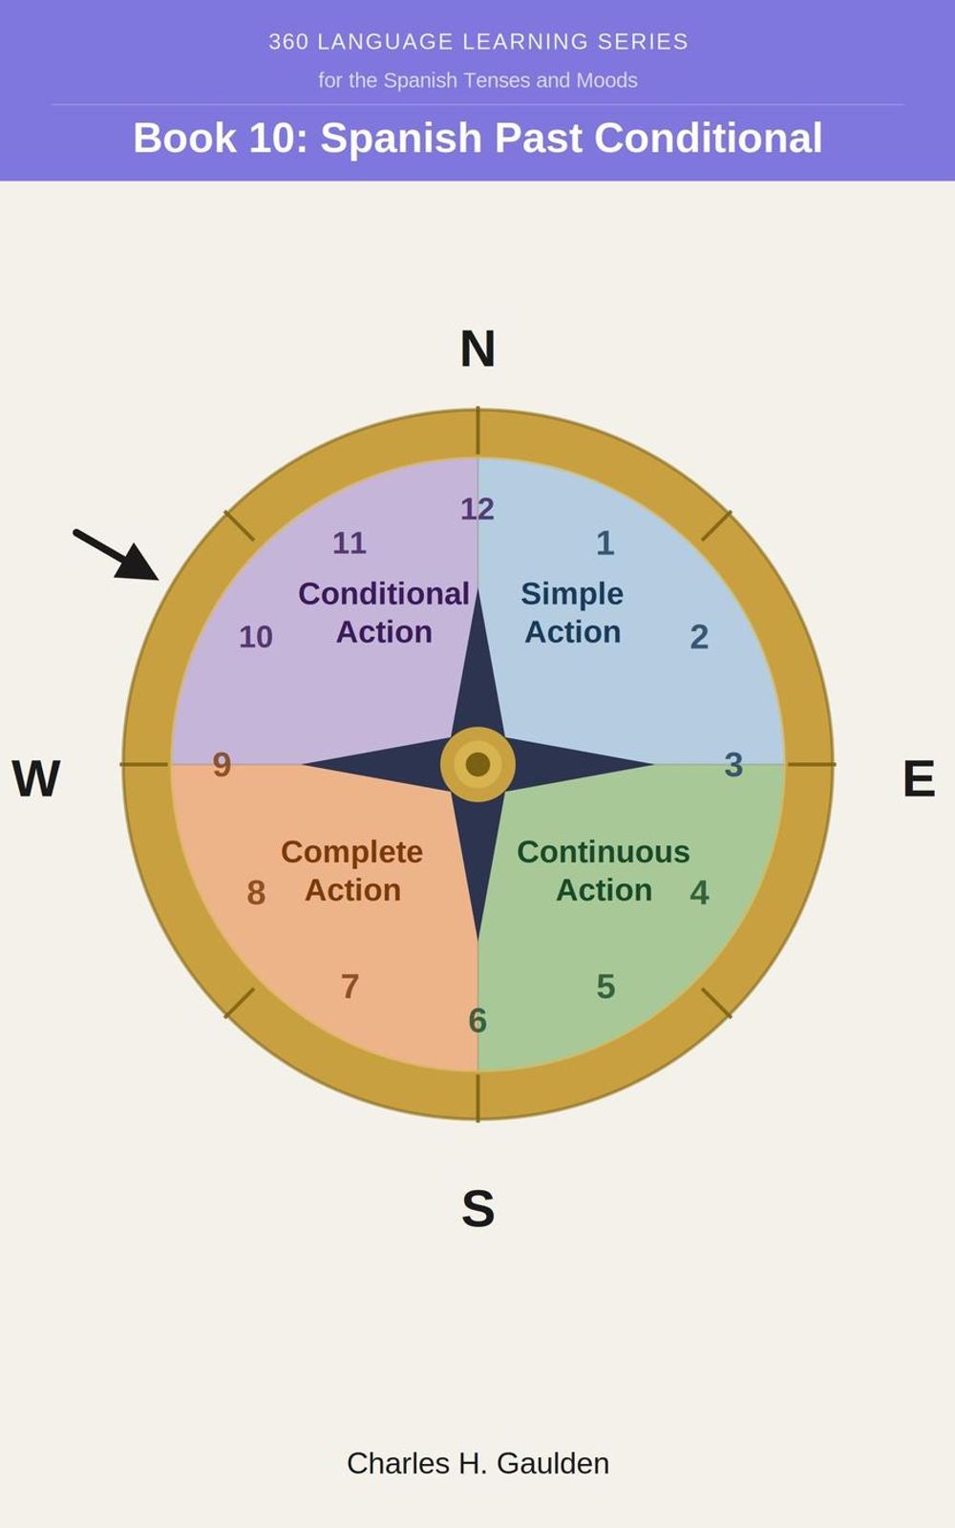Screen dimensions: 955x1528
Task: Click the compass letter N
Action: tap(477, 349)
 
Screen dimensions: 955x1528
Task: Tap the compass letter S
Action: tap(478, 1208)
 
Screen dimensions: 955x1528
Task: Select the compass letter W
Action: tap(36, 777)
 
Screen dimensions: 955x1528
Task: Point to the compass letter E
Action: tap(919, 777)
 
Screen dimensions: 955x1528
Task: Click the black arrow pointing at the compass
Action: tap(117, 555)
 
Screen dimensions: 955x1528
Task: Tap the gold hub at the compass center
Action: tap(477, 764)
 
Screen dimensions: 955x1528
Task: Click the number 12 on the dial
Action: tap(477, 509)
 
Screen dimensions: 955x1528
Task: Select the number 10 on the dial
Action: tap(256, 637)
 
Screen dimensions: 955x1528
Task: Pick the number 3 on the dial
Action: tap(733, 765)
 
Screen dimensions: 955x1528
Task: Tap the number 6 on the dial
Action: tap(477, 1021)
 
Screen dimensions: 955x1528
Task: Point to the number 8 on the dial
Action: tap(256, 892)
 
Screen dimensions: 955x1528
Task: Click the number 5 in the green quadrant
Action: tap(605, 987)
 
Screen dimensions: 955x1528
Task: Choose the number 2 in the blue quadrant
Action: tap(699, 637)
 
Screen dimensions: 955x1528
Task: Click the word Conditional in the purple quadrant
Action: tap(384, 593)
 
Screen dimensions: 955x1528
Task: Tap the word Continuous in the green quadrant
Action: tap(604, 852)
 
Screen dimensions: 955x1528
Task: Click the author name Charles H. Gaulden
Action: tap(478, 1463)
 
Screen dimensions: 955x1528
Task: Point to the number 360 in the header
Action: tap(287, 42)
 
